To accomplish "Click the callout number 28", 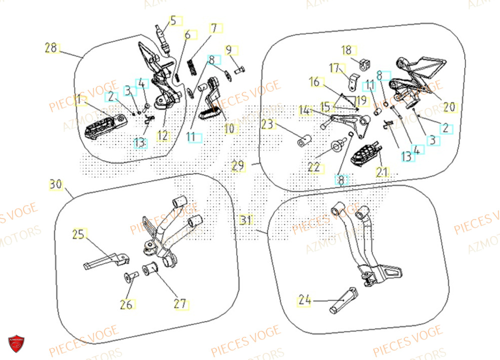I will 50,48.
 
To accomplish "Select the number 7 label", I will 213,28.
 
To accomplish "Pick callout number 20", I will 449,106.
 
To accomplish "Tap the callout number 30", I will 55,184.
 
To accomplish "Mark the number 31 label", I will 245,220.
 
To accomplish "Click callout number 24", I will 304,300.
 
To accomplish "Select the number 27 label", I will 180,303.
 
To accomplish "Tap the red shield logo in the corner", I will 15,343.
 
